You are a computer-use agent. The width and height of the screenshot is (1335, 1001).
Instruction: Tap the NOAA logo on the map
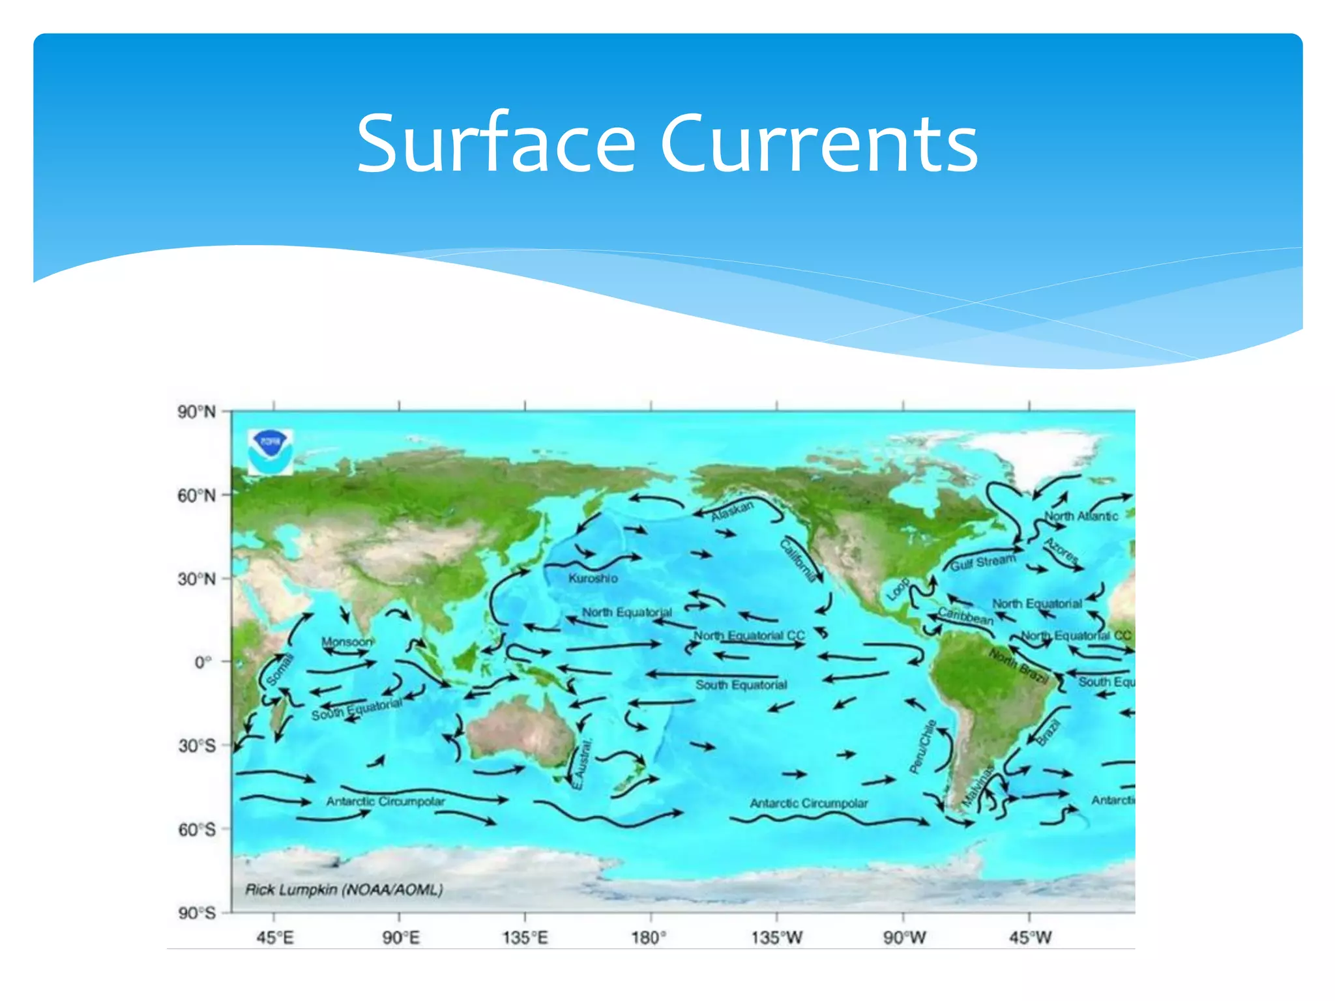point(270,451)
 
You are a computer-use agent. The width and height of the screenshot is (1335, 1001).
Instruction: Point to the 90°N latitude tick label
point(196,412)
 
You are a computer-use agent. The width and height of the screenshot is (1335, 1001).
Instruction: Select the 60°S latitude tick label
point(196,830)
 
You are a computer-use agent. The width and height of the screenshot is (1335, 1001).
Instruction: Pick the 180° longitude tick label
point(649,938)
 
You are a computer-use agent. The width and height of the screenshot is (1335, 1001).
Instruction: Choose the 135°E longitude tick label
point(525,938)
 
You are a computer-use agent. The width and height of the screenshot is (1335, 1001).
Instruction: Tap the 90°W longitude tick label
point(904,938)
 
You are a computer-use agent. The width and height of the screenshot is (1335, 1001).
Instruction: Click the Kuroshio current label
point(593,578)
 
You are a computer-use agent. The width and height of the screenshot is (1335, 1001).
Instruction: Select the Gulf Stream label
point(982,562)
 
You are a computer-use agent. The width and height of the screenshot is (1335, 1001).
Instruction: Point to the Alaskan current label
point(731,511)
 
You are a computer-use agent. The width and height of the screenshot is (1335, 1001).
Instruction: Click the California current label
point(798,560)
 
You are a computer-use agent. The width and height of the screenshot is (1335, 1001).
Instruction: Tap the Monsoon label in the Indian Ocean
point(347,642)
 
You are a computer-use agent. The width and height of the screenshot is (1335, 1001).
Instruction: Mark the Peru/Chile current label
point(922,746)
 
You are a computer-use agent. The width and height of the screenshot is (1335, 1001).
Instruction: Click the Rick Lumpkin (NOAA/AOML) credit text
point(344,890)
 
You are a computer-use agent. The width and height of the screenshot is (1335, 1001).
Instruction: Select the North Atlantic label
point(1081,516)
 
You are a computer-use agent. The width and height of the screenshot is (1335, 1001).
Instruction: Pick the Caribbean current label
point(965,616)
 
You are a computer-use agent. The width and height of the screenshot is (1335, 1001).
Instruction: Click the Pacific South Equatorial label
point(741,685)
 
